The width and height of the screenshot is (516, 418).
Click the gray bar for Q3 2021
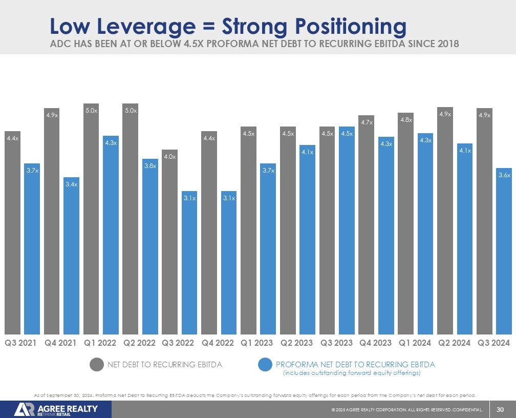13,233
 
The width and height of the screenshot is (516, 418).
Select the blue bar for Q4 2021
72,256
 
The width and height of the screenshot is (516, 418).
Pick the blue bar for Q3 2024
504,251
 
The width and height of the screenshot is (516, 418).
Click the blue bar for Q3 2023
347,231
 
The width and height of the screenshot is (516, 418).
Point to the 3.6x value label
504,175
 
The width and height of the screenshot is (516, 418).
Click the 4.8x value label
405,120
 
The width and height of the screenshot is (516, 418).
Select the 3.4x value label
72,184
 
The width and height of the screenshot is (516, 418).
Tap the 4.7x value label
367,122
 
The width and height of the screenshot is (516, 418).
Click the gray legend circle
97,365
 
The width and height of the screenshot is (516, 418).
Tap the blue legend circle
265,365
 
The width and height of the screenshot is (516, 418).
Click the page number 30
500,409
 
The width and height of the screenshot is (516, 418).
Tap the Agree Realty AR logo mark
25,409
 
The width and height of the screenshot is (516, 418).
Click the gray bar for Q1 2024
405,225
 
